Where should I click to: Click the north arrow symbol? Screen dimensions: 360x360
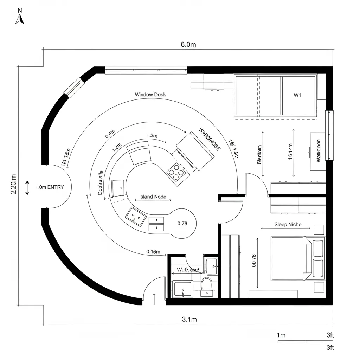(20, 18)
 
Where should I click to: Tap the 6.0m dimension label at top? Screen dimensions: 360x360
(188, 45)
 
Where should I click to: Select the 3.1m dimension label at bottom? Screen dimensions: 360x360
(189, 319)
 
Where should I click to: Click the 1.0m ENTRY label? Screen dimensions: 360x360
(50, 187)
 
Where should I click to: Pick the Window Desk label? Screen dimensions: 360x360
(150, 95)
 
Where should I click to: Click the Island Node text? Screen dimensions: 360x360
(153, 197)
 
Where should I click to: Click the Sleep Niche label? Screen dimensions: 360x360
(288, 224)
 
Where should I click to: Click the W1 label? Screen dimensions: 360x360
(297, 95)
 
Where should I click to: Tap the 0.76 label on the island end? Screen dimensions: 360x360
(182, 223)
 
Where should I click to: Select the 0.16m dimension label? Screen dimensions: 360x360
(153, 252)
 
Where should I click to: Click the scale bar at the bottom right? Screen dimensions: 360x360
(305, 341)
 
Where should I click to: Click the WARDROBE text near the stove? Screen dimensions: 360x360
(210, 139)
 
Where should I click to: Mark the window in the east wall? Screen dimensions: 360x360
(329, 135)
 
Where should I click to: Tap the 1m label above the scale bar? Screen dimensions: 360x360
(281, 335)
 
